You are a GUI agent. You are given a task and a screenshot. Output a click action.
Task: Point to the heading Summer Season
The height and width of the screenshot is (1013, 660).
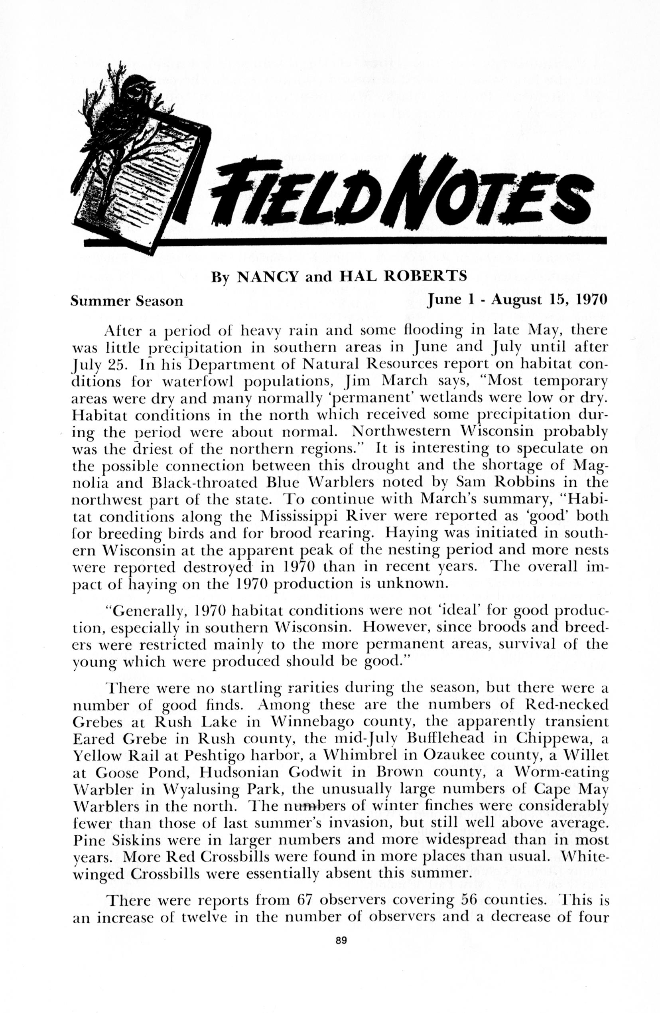tap(127, 301)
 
